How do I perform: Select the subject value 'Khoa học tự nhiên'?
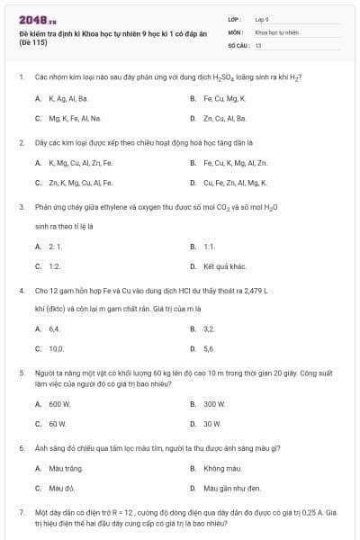(276, 31)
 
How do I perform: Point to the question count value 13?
(258, 44)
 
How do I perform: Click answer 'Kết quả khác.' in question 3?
(225, 266)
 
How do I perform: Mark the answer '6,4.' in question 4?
(54, 329)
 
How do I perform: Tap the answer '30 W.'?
(212, 423)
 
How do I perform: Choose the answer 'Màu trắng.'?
(63, 468)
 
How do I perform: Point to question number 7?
(21, 512)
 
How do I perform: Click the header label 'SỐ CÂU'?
(238, 44)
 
